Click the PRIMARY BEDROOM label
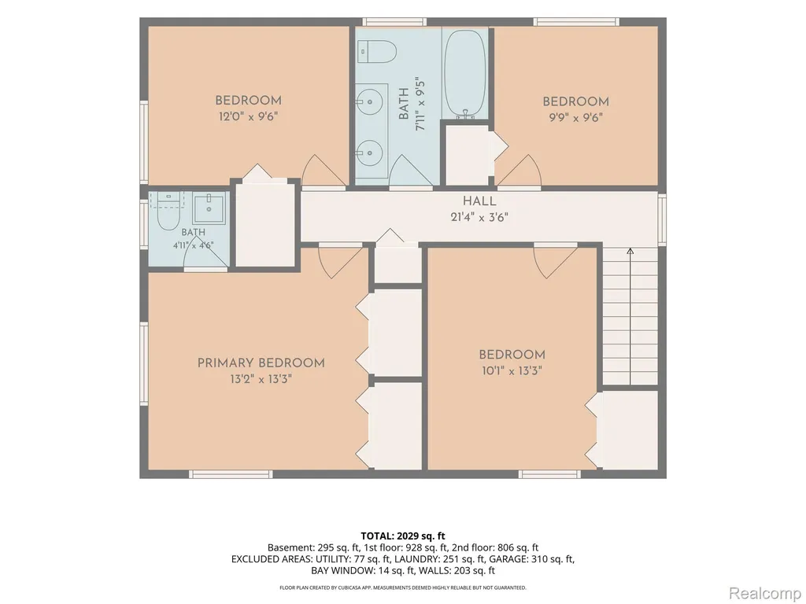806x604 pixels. pyautogui.click(x=261, y=363)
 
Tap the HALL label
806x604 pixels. pyautogui.click(x=479, y=201)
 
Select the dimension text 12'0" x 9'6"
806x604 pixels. pyautogui.click(x=248, y=116)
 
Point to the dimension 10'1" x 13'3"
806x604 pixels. pyautogui.click(x=512, y=370)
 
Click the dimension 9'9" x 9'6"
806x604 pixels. pyautogui.click(x=575, y=118)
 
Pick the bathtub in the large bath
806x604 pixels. pyautogui.click(x=464, y=73)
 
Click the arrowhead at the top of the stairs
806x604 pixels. pyautogui.click(x=630, y=251)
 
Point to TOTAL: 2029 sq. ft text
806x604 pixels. pyautogui.click(x=403, y=536)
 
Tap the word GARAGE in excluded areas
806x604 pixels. pyautogui.click(x=505, y=559)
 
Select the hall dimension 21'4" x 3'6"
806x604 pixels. pyautogui.click(x=479, y=217)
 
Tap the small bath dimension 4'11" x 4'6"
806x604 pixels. pyautogui.click(x=194, y=245)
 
